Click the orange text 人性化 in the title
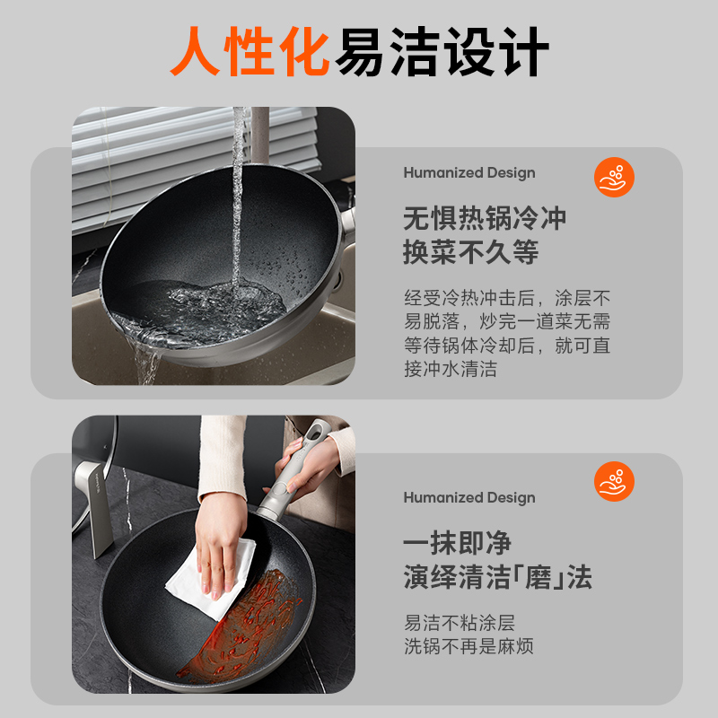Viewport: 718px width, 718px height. (x=250, y=51)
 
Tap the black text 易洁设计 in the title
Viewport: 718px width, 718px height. (x=442, y=51)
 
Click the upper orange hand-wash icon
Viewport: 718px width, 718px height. (x=614, y=177)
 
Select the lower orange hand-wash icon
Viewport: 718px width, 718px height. (x=614, y=481)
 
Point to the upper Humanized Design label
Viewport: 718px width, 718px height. (x=469, y=172)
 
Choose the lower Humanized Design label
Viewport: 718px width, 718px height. (x=469, y=497)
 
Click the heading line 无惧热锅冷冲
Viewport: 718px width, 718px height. (x=485, y=218)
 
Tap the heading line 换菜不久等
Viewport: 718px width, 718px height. (x=470, y=252)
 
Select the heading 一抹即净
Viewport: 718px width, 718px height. (x=457, y=543)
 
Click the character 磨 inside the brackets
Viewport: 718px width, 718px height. (x=538, y=577)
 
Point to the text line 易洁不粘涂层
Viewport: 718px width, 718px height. (x=460, y=623)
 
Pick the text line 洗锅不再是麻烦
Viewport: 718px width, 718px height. (x=468, y=646)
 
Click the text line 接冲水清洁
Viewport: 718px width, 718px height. (x=451, y=369)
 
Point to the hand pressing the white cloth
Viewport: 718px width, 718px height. (x=220, y=543)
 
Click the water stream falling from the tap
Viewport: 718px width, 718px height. (x=237, y=197)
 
